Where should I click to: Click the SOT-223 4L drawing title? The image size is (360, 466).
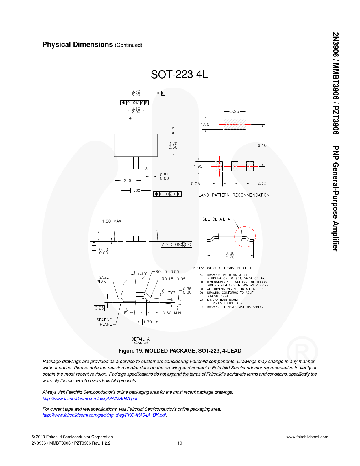coord(179,74)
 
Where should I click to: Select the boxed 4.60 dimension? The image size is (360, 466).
coord(136,190)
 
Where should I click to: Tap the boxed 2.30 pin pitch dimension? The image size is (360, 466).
coord(128,180)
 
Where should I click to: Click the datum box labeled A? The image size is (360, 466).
coord(173,127)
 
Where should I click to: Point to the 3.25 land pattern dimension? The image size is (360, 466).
coord(235,112)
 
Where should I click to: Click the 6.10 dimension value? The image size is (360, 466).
coord(262,145)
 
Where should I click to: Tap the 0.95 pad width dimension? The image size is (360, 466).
coord(195,184)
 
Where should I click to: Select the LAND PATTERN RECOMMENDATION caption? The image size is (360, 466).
coord(234,195)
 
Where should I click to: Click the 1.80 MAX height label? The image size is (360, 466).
coord(112,221)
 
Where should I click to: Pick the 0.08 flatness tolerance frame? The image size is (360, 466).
coord(176,245)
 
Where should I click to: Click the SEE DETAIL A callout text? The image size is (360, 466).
coord(216,219)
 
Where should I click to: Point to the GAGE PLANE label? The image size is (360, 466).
coord(103,280)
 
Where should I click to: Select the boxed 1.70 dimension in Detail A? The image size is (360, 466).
coord(148,322)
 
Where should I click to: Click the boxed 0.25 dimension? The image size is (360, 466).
coord(99,308)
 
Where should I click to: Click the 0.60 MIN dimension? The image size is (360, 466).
coord(172,313)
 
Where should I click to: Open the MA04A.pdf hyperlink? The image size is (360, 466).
coord(90,399)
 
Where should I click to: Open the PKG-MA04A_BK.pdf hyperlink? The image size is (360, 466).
coord(104,415)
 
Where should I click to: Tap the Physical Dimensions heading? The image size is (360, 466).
coord(77,44)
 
